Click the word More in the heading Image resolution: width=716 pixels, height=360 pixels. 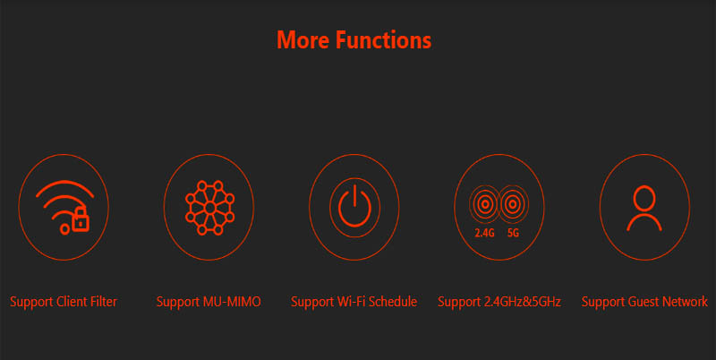pos(303,39)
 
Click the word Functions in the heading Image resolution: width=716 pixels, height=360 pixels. pos(384,39)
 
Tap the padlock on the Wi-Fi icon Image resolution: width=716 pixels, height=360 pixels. pos(81,219)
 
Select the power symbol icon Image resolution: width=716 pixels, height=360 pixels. pos(354,208)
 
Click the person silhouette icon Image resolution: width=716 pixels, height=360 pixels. pos(644,208)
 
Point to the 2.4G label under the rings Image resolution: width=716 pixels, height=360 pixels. pos(484,233)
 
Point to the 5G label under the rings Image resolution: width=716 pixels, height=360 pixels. pos(513,233)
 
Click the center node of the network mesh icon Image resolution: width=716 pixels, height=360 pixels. pos(210,208)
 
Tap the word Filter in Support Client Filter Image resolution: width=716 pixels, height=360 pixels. pos(104,302)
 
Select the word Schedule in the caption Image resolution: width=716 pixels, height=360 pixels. pos(393,302)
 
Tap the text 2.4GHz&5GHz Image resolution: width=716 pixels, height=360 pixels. pos(523,302)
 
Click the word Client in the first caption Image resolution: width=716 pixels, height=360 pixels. pos(72,302)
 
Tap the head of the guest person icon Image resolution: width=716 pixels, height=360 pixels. pos(644,198)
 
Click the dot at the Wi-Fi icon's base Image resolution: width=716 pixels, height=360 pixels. pos(64,229)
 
